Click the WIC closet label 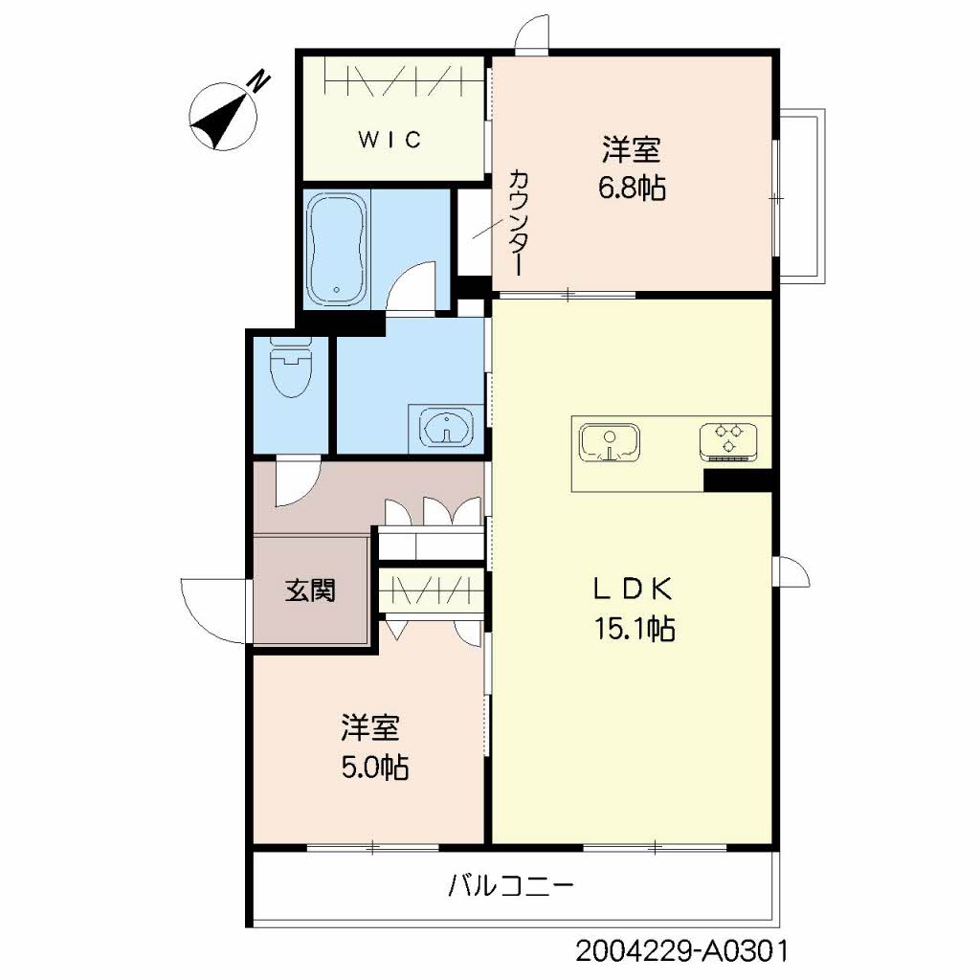pos(390,139)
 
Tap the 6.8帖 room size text pos(632,188)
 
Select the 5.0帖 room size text pos(374,767)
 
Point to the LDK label pos(633,589)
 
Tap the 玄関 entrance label pos(311,590)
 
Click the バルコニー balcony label pos(510,885)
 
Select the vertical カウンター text pos(518,222)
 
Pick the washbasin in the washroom pos(446,429)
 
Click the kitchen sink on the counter pos(610,442)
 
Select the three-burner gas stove pos(728,441)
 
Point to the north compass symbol pos(223,118)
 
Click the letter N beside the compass pos(260,82)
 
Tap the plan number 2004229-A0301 pos(681,952)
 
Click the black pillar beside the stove pos(738,480)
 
